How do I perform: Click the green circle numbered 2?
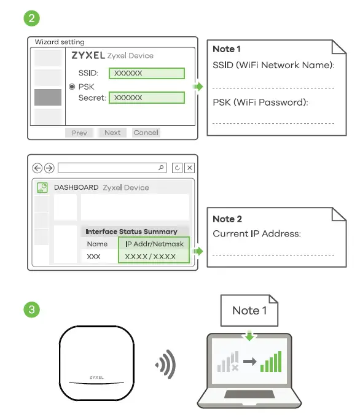(31, 18)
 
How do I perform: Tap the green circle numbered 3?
(31, 308)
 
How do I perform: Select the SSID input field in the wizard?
(147, 73)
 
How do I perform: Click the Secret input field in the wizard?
(147, 98)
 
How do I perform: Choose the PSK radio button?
(72, 87)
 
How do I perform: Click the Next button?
(112, 133)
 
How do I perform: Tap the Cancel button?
(146, 133)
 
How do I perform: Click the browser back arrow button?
(37, 168)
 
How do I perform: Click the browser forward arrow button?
(49, 168)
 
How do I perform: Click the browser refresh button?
(178, 168)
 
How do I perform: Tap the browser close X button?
(190, 168)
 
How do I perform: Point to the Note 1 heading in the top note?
(227, 49)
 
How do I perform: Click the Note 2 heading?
(227, 219)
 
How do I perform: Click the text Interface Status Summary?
(131, 231)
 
